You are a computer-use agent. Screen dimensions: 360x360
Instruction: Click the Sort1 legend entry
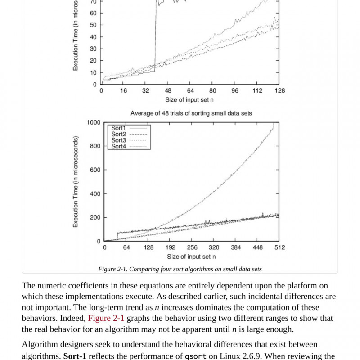(x=119, y=128)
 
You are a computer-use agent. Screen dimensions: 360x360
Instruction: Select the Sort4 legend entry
(x=119, y=146)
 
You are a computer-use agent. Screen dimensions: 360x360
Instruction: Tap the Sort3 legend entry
(x=119, y=140)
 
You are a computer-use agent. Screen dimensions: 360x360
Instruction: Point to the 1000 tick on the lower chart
(x=94, y=122)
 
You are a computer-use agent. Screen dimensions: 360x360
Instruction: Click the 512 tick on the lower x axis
(x=279, y=247)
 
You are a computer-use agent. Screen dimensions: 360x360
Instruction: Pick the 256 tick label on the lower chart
(x=192, y=247)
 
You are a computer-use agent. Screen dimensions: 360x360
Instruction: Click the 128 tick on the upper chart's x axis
(x=279, y=90)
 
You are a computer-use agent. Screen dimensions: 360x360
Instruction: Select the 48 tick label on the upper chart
(x=168, y=90)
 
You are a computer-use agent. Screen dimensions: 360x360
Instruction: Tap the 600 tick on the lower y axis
(x=95, y=170)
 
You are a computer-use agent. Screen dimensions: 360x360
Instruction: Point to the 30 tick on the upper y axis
(x=93, y=49)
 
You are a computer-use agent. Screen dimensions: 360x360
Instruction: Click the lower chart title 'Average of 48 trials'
(x=191, y=113)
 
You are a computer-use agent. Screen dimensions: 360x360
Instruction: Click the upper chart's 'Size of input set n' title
(x=189, y=99)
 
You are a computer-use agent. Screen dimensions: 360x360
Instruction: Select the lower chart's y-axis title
(x=76, y=181)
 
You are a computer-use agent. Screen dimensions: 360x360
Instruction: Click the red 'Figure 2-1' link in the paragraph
(x=106, y=318)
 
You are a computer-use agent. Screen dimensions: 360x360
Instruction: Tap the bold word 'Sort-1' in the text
(x=75, y=356)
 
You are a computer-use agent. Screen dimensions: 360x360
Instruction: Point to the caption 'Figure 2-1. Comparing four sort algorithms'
(x=180, y=269)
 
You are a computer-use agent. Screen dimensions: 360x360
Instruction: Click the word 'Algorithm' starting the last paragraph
(x=39, y=344)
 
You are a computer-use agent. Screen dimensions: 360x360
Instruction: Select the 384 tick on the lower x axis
(x=236, y=247)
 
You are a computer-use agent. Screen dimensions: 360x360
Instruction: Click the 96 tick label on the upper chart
(x=235, y=90)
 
